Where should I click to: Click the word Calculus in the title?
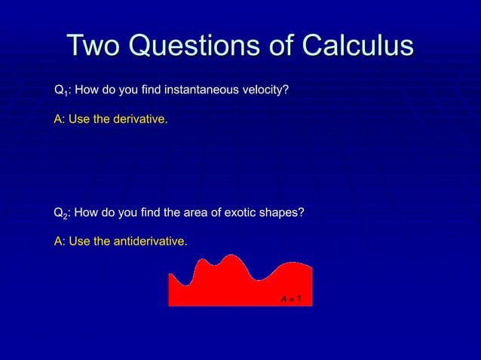(x=358, y=45)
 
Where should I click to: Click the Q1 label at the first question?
(x=60, y=92)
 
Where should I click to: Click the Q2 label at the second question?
(x=60, y=214)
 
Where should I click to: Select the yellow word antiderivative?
(x=149, y=241)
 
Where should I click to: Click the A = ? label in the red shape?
(x=292, y=299)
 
